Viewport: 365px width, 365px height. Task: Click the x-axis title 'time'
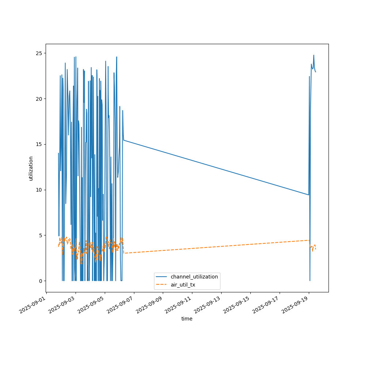tap(187, 319)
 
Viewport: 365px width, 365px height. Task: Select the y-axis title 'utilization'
tap(31, 168)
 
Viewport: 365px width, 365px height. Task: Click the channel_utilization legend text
tap(194, 277)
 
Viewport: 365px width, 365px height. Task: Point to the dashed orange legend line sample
tap(162, 284)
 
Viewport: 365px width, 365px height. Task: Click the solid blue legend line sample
tap(162, 277)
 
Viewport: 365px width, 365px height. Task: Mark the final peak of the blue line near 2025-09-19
tap(314, 55)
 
